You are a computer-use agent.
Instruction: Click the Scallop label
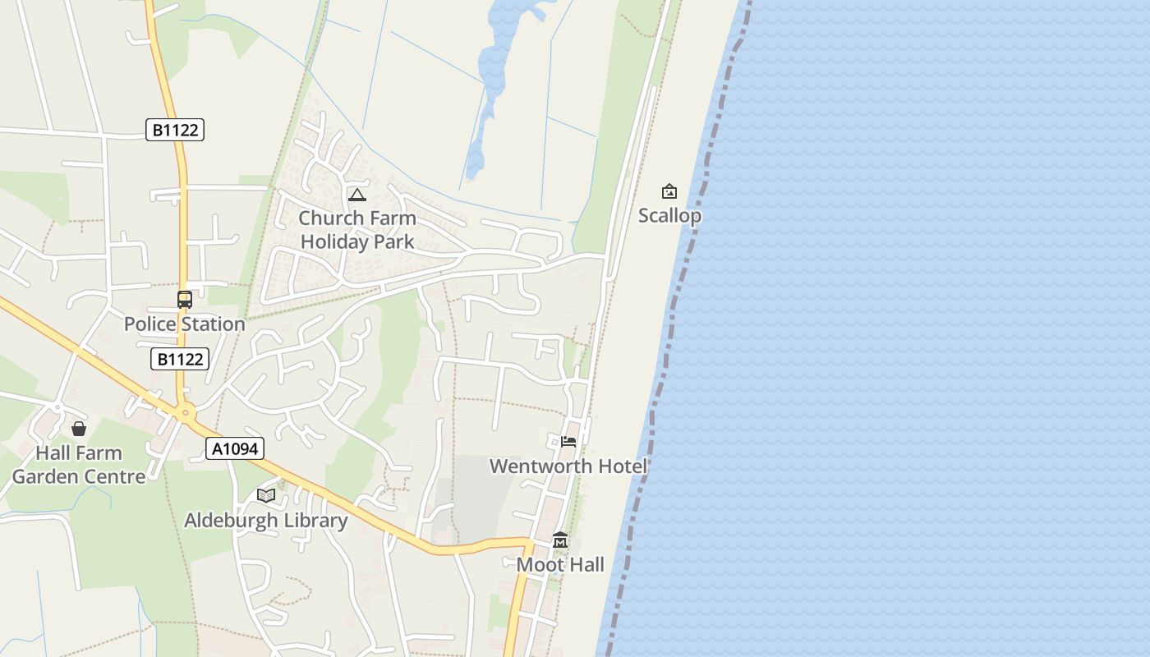(669, 216)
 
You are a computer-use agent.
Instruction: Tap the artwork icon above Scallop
(669, 192)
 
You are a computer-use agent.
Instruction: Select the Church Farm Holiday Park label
(357, 230)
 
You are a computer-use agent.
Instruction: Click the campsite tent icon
(356, 195)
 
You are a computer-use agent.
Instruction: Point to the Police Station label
(185, 324)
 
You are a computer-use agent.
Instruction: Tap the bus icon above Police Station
(185, 300)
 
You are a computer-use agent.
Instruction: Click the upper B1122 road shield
(175, 130)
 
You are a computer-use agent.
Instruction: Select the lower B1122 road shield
(180, 359)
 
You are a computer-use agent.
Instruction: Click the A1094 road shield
(235, 448)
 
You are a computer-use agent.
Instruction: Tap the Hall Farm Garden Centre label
(79, 465)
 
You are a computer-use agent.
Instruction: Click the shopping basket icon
(79, 429)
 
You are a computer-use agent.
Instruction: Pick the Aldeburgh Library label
(266, 521)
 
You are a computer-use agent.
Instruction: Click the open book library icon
(265, 495)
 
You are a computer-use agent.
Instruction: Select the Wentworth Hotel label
(568, 466)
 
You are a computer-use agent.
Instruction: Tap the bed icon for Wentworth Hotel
(568, 442)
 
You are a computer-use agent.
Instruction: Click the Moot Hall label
(560, 565)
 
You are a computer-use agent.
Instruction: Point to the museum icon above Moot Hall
(560, 540)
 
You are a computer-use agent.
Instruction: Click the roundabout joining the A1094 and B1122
(186, 413)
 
